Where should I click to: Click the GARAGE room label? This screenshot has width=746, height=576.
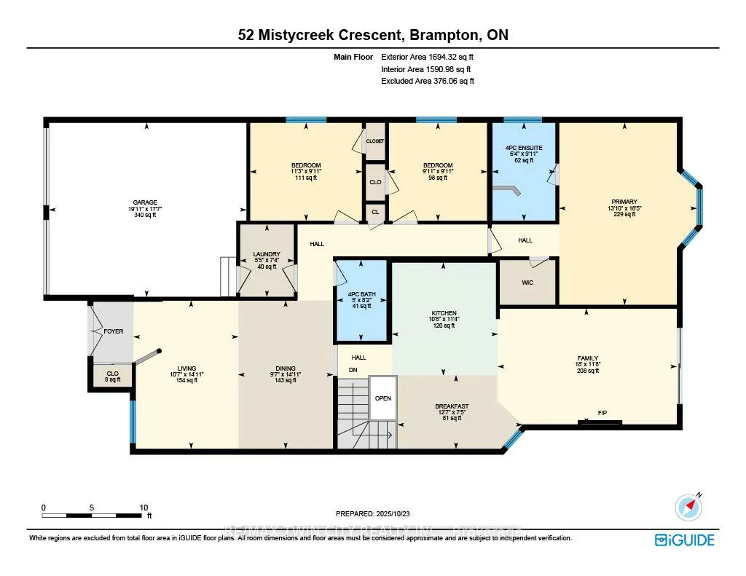pyautogui.click(x=145, y=202)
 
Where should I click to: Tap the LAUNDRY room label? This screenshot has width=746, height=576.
pyautogui.click(x=267, y=254)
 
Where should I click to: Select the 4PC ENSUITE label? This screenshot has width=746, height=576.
pyautogui.click(x=524, y=148)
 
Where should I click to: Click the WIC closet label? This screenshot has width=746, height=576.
pyautogui.click(x=527, y=282)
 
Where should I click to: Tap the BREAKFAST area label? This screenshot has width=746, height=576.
pyautogui.click(x=452, y=406)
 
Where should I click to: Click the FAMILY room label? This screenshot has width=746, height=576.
pyautogui.click(x=587, y=358)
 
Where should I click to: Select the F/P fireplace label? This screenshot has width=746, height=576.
pyautogui.click(x=602, y=413)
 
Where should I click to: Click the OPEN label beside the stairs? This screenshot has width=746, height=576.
pyautogui.click(x=383, y=398)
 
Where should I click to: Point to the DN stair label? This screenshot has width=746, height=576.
pyautogui.click(x=353, y=369)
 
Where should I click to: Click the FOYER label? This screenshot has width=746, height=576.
pyautogui.click(x=114, y=331)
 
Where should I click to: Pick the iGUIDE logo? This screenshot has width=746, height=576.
pyautogui.click(x=684, y=540)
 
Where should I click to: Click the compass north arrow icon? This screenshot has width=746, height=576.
pyautogui.click(x=688, y=505)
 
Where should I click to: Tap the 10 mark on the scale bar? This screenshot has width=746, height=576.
pyautogui.click(x=144, y=508)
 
